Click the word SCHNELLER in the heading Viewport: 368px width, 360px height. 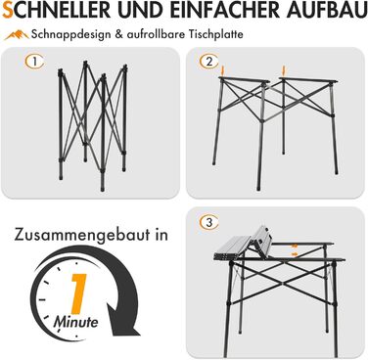pos(57,10)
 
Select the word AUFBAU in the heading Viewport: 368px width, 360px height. pos(327,10)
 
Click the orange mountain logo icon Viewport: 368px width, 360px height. pos(17,34)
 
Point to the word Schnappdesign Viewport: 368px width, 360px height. pos(70,34)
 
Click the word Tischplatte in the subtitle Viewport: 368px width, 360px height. pos(215,34)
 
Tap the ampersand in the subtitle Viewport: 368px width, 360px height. pos(118,34)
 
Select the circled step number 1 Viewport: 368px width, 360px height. pos(34,62)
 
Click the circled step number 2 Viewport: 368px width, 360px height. pos(209,62)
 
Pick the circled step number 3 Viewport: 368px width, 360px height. pos(209,222)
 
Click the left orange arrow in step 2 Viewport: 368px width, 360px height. pos(223,70)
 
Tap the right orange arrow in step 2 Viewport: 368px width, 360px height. pos(284,70)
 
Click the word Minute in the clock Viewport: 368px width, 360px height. pos(75,322)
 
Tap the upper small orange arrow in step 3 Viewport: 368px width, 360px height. pos(295,246)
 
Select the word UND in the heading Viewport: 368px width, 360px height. pos(141,10)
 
